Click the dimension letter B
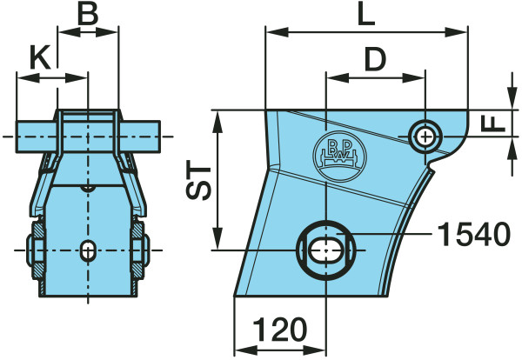point(88,15)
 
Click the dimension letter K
point(40,57)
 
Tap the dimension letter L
point(366,15)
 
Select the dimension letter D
point(375,59)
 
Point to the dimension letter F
point(493,124)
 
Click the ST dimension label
point(198,180)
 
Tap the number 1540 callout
point(473,234)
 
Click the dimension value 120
point(279,330)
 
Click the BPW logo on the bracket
point(339,157)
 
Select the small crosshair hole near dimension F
point(425,137)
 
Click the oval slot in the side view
point(326,250)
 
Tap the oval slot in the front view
point(88,250)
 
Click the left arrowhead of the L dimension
point(277,32)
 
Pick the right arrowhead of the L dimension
point(457,32)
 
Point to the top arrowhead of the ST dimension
point(217,122)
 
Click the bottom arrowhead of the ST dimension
point(217,238)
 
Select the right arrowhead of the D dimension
point(414,78)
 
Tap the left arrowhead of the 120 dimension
point(246,350)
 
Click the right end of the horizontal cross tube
point(160,137)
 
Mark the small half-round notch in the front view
point(88,189)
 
